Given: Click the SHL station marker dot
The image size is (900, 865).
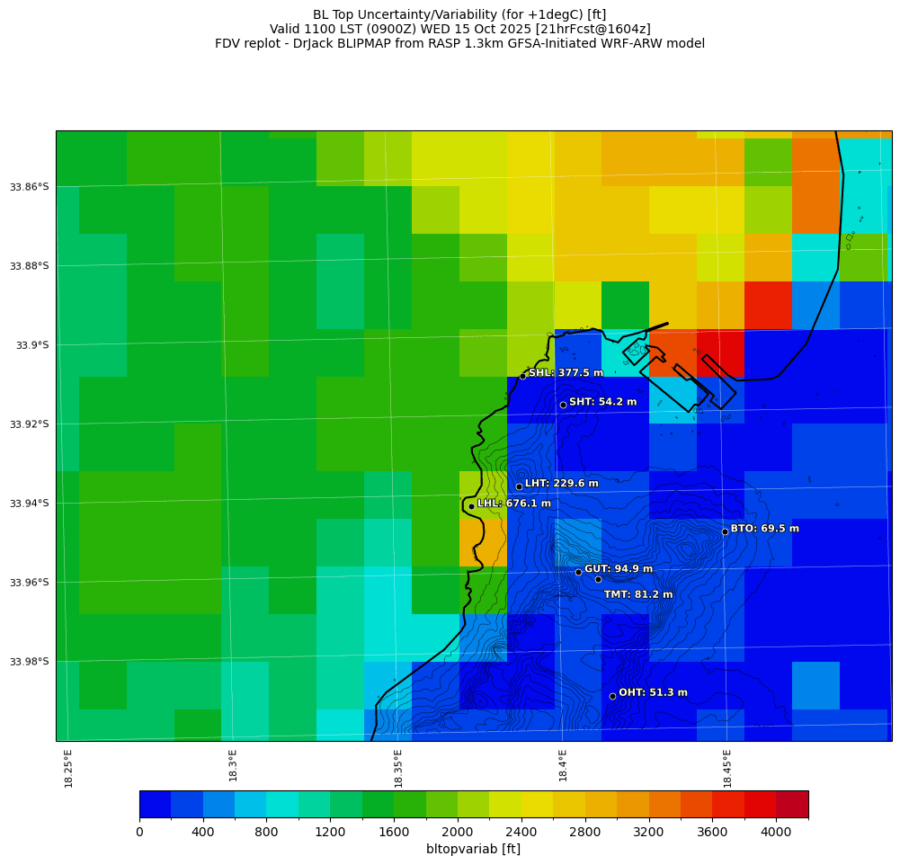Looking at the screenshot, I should (522, 376).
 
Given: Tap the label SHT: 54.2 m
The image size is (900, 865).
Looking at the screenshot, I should (602, 402).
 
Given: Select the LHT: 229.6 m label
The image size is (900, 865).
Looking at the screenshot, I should (561, 484).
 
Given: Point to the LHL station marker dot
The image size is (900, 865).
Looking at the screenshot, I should (471, 506).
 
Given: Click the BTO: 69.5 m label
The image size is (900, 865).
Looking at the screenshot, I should (764, 529).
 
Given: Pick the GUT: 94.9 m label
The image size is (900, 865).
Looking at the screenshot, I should (619, 569).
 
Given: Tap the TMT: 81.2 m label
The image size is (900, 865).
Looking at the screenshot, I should (638, 594).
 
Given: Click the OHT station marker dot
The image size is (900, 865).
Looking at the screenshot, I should (612, 696).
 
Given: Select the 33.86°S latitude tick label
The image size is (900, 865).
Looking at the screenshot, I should (30, 187).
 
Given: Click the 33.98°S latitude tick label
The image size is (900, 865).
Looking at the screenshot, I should (30, 662).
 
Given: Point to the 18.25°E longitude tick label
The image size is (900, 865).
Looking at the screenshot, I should (68, 768).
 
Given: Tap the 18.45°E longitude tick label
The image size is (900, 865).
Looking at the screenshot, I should (727, 768).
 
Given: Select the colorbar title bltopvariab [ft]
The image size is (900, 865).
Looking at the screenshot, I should (473, 849).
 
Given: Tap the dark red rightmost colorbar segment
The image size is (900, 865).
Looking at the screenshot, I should (792, 804).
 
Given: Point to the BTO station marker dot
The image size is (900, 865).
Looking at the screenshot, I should (725, 531).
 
